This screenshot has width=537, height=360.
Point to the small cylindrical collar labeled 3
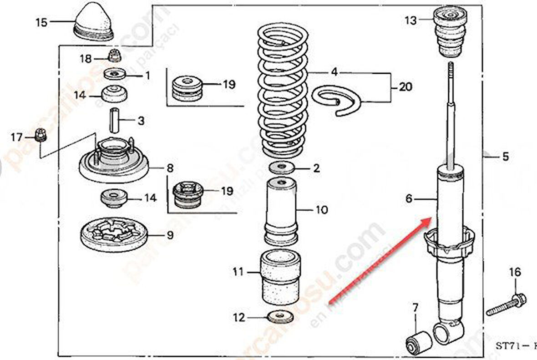(x=114, y=120)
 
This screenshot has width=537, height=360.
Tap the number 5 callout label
(x=505, y=157)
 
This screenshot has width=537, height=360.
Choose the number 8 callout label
(x=169, y=168)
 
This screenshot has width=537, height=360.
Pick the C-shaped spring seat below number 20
(x=337, y=100)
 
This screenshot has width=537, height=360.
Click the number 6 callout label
(x=408, y=198)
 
